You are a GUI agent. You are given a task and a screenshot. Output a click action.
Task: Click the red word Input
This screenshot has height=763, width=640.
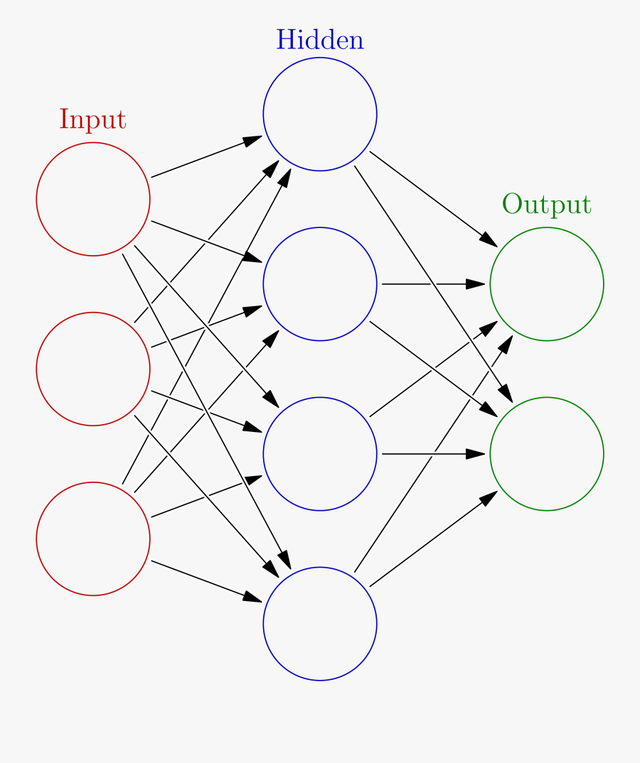click(92, 120)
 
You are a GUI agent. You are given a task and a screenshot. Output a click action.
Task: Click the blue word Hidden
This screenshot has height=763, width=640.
click(320, 40)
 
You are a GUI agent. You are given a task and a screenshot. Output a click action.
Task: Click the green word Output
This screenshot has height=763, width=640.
click(546, 205)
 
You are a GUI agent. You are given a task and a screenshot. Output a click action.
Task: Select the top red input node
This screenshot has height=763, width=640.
click(93, 199)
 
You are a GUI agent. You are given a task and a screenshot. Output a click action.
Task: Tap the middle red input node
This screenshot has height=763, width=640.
click(93, 369)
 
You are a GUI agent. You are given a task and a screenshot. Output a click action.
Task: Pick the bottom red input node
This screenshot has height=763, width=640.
click(93, 539)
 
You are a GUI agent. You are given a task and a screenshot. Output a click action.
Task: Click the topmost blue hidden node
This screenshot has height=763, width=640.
click(320, 114)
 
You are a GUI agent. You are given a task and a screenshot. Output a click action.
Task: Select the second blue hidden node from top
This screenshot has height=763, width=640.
click(320, 284)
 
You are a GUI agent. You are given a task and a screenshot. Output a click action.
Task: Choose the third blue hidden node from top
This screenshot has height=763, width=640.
click(320, 453)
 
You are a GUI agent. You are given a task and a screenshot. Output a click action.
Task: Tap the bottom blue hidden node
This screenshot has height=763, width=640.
click(320, 624)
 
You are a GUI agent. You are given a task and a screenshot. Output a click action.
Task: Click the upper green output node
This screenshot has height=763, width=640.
click(547, 284)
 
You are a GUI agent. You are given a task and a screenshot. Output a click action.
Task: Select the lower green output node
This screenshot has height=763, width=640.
click(547, 453)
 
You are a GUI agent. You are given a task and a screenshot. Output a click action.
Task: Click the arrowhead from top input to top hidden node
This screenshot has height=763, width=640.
click(253, 139)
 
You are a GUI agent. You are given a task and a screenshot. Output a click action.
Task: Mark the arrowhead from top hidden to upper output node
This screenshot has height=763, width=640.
click(489, 240)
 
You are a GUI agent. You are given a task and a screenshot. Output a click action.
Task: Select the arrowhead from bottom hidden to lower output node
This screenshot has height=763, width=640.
click(489, 497)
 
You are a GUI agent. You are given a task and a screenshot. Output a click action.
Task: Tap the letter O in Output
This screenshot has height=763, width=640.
click(512, 205)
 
